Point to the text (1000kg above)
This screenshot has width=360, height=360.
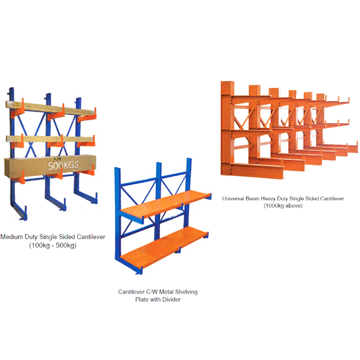tap(283, 206)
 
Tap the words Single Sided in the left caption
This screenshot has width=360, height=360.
tap(63, 237)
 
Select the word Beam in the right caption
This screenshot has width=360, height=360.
tap(256, 198)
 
